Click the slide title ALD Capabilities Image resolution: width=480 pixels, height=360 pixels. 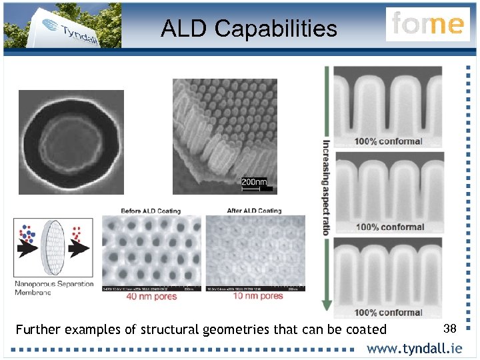[249, 28]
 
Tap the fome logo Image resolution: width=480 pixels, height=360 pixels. [427, 24]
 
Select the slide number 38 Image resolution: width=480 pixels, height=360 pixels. [449, 327]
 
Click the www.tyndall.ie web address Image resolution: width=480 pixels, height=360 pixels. [414, 349]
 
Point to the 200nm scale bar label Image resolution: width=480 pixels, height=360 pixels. [253, 181]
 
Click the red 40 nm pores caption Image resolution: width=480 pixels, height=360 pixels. [152, 296]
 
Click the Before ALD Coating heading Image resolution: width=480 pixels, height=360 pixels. [151, 211]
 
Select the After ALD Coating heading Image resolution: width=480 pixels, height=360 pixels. [254, 211]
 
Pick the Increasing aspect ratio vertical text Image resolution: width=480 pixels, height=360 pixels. [326, 187]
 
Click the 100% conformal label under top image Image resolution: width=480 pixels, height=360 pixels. [388, 141]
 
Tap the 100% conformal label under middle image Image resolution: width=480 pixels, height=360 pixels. [389, 227]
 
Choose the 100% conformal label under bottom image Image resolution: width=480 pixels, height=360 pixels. [388, 312]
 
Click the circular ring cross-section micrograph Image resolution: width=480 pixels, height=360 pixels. [71, 142]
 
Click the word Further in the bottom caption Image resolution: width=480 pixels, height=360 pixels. [37, 329]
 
